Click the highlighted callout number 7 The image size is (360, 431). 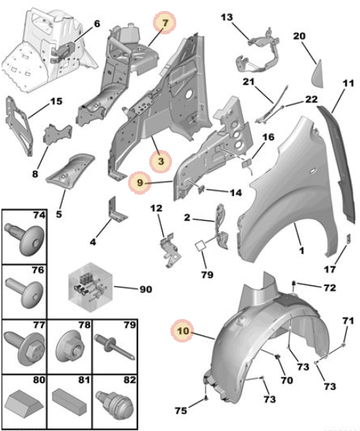point(165,23)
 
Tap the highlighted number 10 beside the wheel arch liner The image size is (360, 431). point(182,331)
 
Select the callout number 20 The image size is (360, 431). point(299,36)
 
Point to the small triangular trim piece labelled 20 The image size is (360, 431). point(317,73)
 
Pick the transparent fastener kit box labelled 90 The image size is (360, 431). point(91,288)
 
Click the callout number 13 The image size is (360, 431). point(227,18)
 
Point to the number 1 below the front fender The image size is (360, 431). point(301,250)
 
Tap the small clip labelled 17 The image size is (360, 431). point(348,239)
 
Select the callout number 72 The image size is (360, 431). point(330,288)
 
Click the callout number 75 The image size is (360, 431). point(181,411)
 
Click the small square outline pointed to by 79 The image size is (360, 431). point(200,245)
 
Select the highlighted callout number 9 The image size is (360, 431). point(140,182)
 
